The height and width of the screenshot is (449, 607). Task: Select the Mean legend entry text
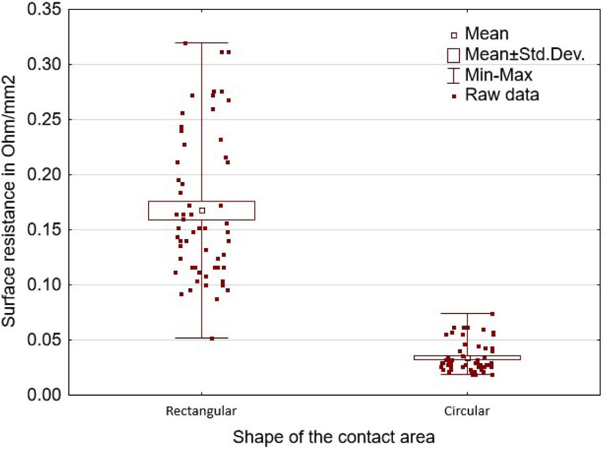pos(487,35)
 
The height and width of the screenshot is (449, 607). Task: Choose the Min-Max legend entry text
pos(499,74)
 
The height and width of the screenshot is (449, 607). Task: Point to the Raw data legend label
pos(502,95)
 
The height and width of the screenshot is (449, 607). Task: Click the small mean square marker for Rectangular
pos(202,210)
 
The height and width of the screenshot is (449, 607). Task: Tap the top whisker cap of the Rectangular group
pos(201,43)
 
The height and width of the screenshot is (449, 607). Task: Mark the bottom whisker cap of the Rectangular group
pos(201,338)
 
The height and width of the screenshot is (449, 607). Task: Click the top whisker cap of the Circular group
pos(467,313)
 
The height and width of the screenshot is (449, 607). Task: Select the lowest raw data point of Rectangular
pos(212,339)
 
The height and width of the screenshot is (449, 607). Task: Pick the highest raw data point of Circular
pos(492,314)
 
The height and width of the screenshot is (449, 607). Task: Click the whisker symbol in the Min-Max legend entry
pos(454,74)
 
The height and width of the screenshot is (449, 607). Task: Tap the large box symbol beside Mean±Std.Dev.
pos(454,54)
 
